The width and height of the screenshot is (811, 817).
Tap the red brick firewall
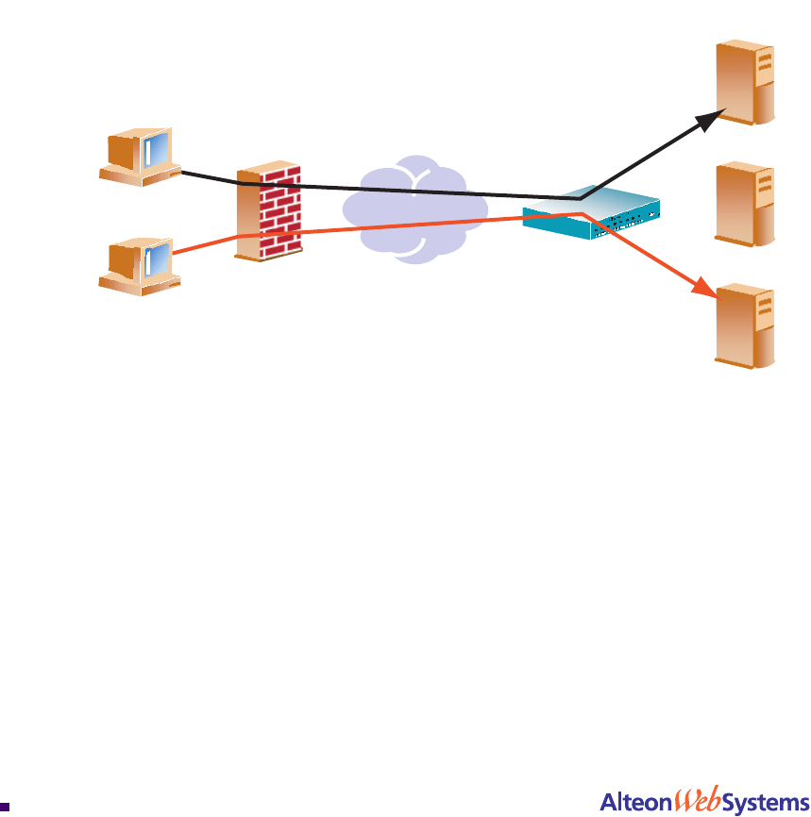tap(270, 213)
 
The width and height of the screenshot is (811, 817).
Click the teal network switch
tap(591, 213)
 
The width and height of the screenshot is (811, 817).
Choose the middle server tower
tap(746, 204)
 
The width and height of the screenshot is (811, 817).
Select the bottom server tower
tap(746, 325)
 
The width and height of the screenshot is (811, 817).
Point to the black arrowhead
tap(712, 118)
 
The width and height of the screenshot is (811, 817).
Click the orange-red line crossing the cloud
tap(415, 223)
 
